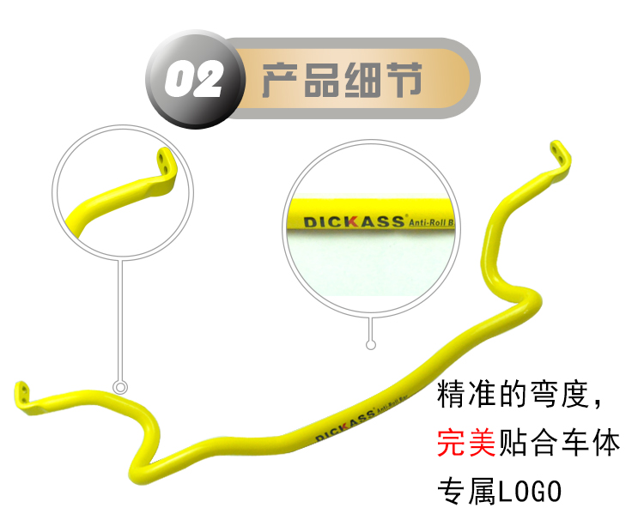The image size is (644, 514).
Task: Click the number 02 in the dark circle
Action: point(193,79)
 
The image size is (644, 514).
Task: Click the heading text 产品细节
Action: point(342,80)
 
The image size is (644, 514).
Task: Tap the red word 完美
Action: point(466,443)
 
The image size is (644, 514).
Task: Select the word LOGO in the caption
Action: point(530,491)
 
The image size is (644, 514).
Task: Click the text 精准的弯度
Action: point(513,394)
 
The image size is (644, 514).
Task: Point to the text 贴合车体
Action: point(559,443)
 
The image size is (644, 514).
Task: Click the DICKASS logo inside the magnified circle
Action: point(354,221)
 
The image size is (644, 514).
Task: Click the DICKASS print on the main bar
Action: point(345,424)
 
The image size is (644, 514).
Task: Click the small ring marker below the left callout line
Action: point(120,387)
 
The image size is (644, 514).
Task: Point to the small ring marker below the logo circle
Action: point(370,345)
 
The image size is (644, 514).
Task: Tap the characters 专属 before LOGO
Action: point(467,491)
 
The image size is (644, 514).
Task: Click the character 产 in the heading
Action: point(280,80)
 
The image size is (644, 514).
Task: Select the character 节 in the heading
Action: point(404,80)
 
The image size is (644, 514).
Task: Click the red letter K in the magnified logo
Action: point(351,222)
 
